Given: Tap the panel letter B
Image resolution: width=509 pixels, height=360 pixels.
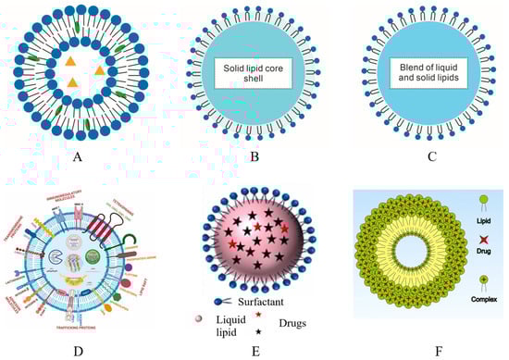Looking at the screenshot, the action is (252, 156).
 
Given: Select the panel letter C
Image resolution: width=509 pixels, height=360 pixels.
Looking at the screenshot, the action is (421, 156).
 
